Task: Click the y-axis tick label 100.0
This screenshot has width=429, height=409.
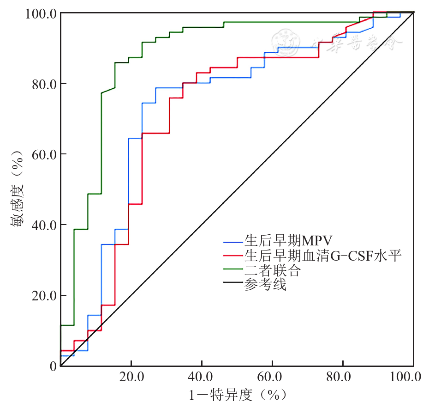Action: pos(39,13)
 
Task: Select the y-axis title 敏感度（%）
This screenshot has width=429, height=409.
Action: pos(17,189)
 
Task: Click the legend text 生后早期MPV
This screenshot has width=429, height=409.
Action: pos(289,241)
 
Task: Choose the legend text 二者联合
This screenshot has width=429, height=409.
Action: pos(273,270)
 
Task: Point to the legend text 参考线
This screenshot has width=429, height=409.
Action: pos(265,285)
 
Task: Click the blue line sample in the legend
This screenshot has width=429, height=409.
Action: pos(233,241)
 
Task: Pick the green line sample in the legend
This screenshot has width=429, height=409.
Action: pos(233,271)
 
